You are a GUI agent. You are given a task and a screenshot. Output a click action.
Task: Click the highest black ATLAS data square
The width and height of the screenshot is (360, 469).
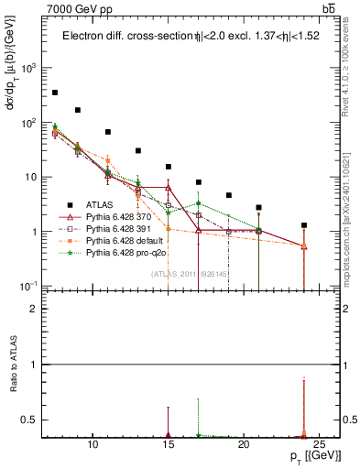coord(55,93)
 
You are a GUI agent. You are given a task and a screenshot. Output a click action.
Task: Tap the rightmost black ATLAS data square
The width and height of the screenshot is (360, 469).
coord(304,225)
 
